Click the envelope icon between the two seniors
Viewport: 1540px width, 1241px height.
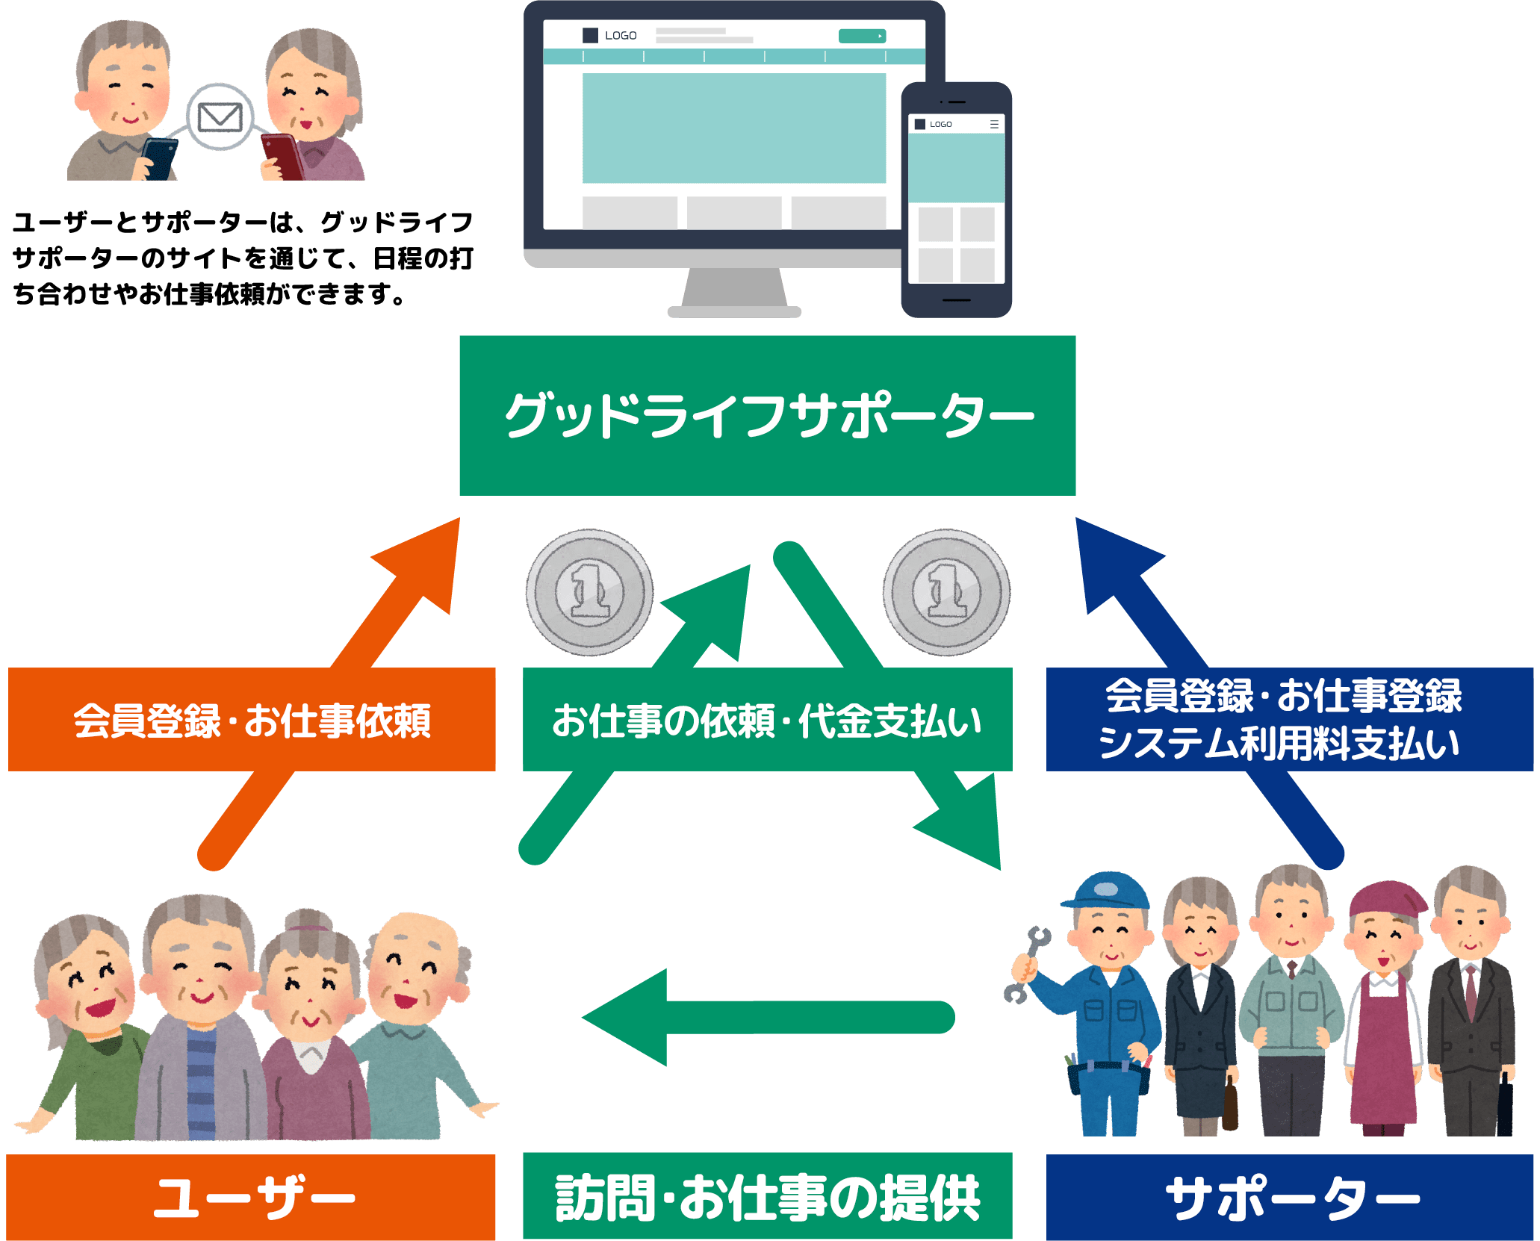coord(220,117)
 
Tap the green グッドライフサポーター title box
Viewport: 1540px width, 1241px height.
coord(767,415)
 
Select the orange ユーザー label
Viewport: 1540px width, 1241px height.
coord(252,1197)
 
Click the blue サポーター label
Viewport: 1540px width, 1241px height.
coord(1290,1198)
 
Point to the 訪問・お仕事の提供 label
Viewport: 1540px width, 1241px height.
coord(767,1197)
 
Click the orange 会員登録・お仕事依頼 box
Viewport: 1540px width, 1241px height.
coord(252,719)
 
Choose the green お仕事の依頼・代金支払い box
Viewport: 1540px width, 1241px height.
coord(767,719)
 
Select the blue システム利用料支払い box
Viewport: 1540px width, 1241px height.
coord(1290,719)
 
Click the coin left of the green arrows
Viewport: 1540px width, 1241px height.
coord(589,592)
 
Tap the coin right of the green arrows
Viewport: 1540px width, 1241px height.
coord(946,592)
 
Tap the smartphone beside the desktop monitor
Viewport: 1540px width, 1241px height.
coord(957,200)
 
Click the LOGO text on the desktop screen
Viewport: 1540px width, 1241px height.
coord(620,36)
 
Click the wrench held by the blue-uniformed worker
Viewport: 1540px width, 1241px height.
coord(1025,963)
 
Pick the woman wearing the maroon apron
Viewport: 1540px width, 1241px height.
coord(1383,1008)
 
